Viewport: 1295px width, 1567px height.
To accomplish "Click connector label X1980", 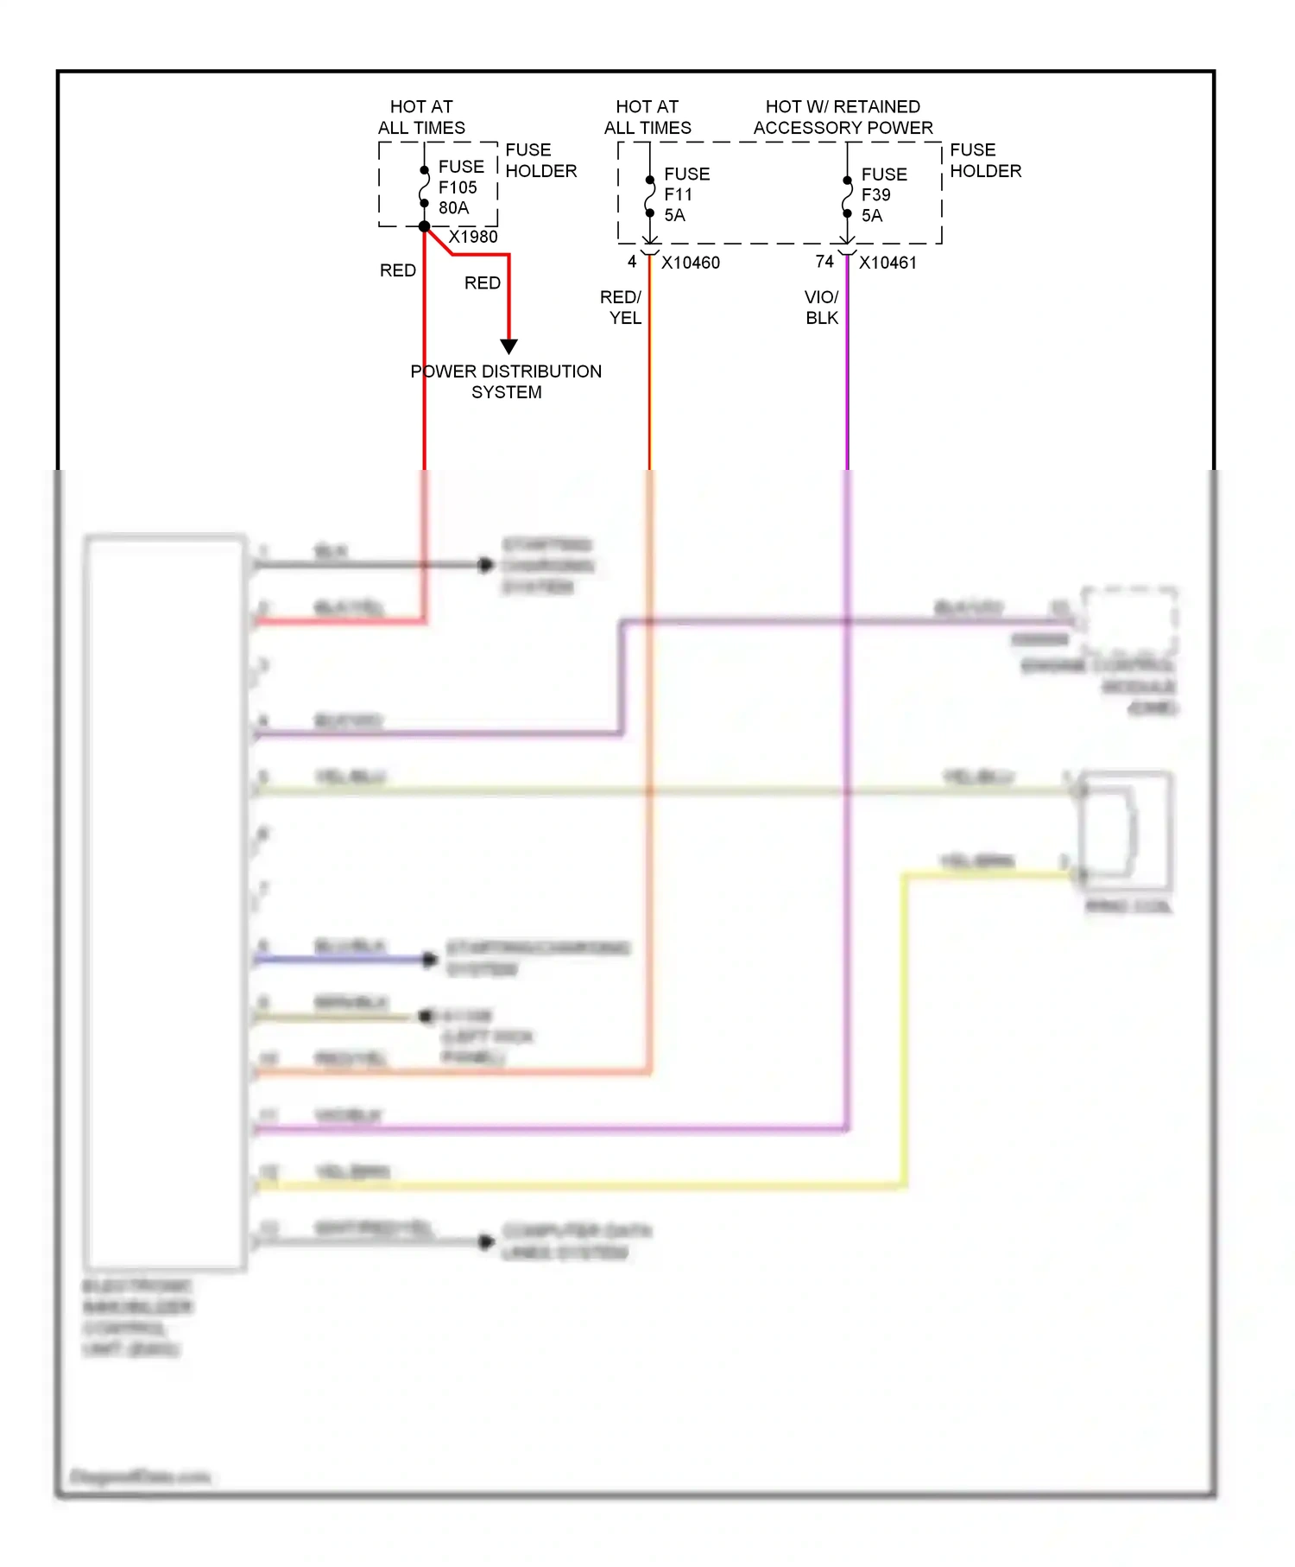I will pyautogui.click(x=472, y=237).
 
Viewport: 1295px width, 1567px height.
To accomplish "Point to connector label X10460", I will pyautogui.click(x=690, y=263).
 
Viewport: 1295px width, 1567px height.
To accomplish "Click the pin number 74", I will pyautogui.click(x=824, y=262).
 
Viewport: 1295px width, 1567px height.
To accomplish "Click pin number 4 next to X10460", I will pyautogui.click(x=632, y=262).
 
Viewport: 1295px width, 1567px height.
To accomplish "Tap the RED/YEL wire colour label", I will pyautogui.click(x=622, y=308).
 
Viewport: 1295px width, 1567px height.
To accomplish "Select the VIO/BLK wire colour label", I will pyautogui.click(x=822, y=308).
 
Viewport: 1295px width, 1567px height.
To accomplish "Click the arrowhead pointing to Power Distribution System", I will pyautogui.click(x=509, y=346).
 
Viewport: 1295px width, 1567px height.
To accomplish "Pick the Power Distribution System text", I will pyautogui.click(x=506, y=382).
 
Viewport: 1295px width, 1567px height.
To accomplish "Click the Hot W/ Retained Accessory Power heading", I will pyautogui.click(x=843, y=117).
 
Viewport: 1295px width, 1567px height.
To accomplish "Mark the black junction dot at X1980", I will pyautogui.click(x=424, y=226).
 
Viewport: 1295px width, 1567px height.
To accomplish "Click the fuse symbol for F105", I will pyautogui.click(x=424, y=187).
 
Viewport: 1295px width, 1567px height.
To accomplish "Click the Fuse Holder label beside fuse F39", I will pyautogui.click(x=985, y=161).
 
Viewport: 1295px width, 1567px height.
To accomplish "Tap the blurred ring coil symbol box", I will pyautogui.click(x=1126, y=831).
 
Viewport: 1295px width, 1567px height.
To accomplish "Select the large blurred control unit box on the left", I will pyautogui.click(x=165, y=903).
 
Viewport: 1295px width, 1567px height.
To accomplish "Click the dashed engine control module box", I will pyautogui.click(x=1129, y=621).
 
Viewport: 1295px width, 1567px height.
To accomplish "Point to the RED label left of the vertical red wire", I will pyautogui.click(x=398, y=271).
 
